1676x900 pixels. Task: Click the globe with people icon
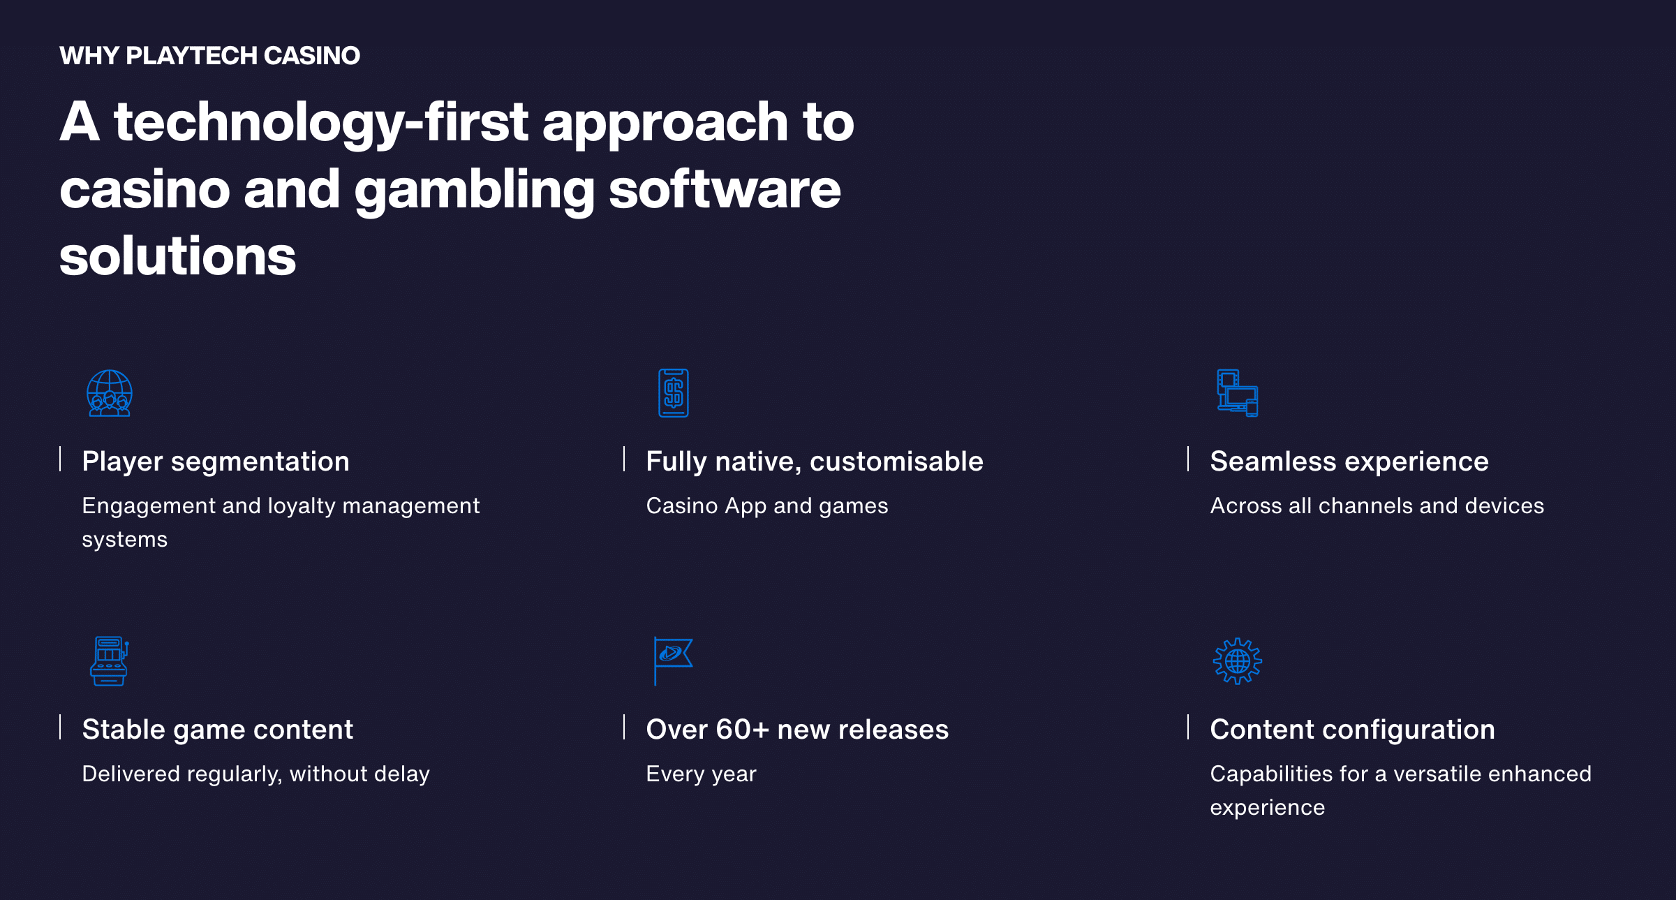(110, 393)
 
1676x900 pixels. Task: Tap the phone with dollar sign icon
(674, 393)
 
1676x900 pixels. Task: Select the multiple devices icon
(1238, 393)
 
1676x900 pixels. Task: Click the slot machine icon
(110, 661)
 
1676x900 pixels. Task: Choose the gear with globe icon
(1238, 661)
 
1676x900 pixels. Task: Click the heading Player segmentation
(216, 462)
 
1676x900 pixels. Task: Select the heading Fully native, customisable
(815, 462)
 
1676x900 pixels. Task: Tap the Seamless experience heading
(1349, 462)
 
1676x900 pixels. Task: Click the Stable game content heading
(218, 730)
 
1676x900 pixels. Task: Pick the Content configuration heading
(1353, 730)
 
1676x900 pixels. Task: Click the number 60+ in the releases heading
(743, 730)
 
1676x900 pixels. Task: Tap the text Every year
(702, 774)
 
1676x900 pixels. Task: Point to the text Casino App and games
(767, 506)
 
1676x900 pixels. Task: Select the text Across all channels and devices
(1377, 506)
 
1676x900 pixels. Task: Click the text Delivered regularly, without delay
(256, 774)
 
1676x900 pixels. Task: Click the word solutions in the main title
(178, 256)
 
